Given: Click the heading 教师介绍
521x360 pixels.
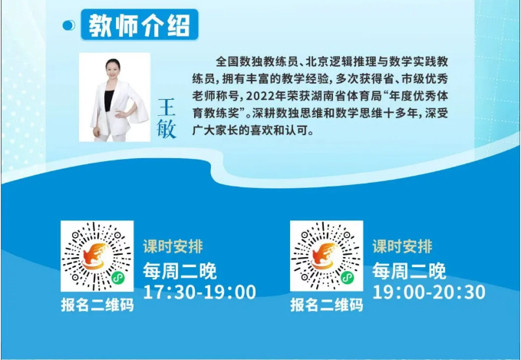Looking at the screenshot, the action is pyautogui.click(x=139, y=25).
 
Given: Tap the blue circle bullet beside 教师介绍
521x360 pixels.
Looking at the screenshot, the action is pyautogui.click(x=69, y=25).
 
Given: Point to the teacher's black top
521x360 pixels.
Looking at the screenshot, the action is pyautogui.click(x=109, y=101).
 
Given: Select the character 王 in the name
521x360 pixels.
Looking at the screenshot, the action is pyautogui.click(x=167, y=107).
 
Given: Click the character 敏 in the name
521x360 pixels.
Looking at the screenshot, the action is pyautogui.click(x=167, y=129).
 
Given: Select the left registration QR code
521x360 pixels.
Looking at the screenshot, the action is pyautogui.click(x=97, y=256).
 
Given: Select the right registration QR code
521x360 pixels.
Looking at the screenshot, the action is pyautogui.click(x=326, y=256).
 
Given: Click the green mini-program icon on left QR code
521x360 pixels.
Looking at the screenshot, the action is pyautogui.click(x=117, y=278).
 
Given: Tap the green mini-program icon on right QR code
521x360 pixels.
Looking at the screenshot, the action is pyautogui.click(x=348, y=278).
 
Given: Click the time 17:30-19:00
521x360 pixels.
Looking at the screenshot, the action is pyautogui.click(x=199, y=292).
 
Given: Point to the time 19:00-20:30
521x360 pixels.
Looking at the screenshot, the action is pyautogui.click(x=429, y=292).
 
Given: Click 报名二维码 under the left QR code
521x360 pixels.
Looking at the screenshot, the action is pyautogui.click(x=97, y=305).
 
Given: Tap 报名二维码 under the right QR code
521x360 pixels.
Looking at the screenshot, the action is pyautogui.click(x=327, y=305).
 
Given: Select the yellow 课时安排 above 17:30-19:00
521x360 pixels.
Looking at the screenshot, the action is pyautogui.click(x=173, y=246).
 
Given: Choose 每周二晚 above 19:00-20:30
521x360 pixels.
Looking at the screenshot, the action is pyautogui.click(x=409, y=271).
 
